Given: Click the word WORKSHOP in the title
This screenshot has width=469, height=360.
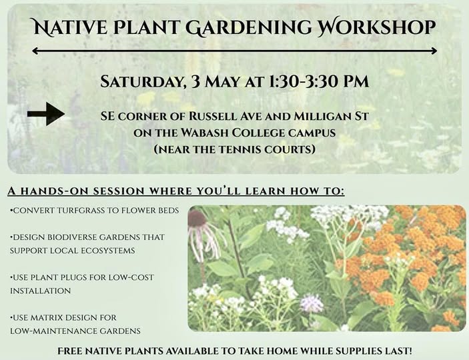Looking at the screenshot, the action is (376, 27).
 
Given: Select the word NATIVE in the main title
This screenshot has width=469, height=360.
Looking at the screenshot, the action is (69, 27).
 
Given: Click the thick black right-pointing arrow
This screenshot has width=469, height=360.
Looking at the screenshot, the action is (46, 113).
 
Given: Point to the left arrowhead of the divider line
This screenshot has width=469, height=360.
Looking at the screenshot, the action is (35, 51).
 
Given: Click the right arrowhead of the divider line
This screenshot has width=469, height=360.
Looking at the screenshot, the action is (434, 51).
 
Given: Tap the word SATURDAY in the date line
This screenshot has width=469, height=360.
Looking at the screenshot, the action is (141, 81).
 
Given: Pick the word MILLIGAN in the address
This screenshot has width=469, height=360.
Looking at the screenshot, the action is (322, 116).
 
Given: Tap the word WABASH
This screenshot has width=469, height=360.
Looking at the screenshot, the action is (205, 133).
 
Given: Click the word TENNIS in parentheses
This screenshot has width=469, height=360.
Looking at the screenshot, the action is (238, 149).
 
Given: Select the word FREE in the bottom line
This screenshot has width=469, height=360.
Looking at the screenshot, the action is (68, 351).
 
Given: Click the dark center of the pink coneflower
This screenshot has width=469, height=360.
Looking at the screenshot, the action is (197, 218).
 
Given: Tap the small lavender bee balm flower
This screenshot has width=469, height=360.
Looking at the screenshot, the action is (312, 303).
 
